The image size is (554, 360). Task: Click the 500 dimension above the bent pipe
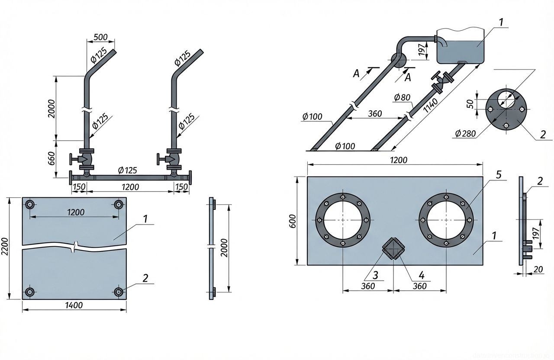coord(100,36)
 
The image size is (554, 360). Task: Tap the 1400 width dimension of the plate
coord(74,305)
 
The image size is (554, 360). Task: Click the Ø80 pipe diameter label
coord(403,98)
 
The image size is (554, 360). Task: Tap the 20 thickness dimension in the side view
coord(538,270)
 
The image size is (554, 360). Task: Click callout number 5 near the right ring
coord(499,175)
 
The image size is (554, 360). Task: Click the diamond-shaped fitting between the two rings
coord(393,248)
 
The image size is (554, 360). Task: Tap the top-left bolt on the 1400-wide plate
coord(30,205)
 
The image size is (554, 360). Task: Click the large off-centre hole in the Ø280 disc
coord(506,99)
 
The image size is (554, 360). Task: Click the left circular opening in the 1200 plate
coord(343,219)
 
